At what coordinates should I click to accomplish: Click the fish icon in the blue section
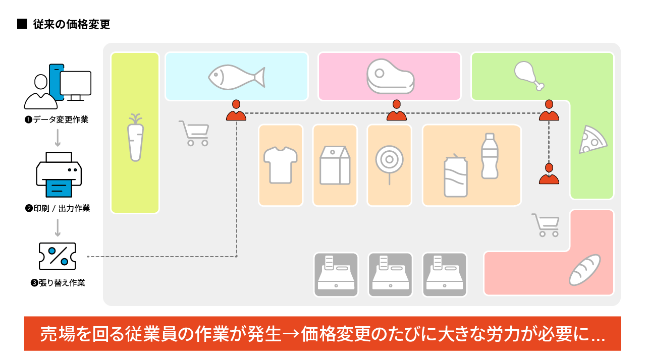tap(236, 77)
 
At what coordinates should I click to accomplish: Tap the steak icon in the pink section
tap(390, 76)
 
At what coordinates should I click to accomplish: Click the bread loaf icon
tap(584, 270)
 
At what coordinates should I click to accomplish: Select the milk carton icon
tap(335, 165)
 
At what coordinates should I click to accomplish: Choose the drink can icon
tap(455, 176)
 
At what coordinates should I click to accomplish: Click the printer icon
tap(59, 174)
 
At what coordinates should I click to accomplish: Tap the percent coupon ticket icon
tap(57, 256)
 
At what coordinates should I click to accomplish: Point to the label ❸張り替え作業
tap(58, 283)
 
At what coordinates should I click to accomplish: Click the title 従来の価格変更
tap(71, 24)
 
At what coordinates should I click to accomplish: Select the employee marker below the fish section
tap(236, 111)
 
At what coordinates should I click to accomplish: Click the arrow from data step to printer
tap(58, 137)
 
